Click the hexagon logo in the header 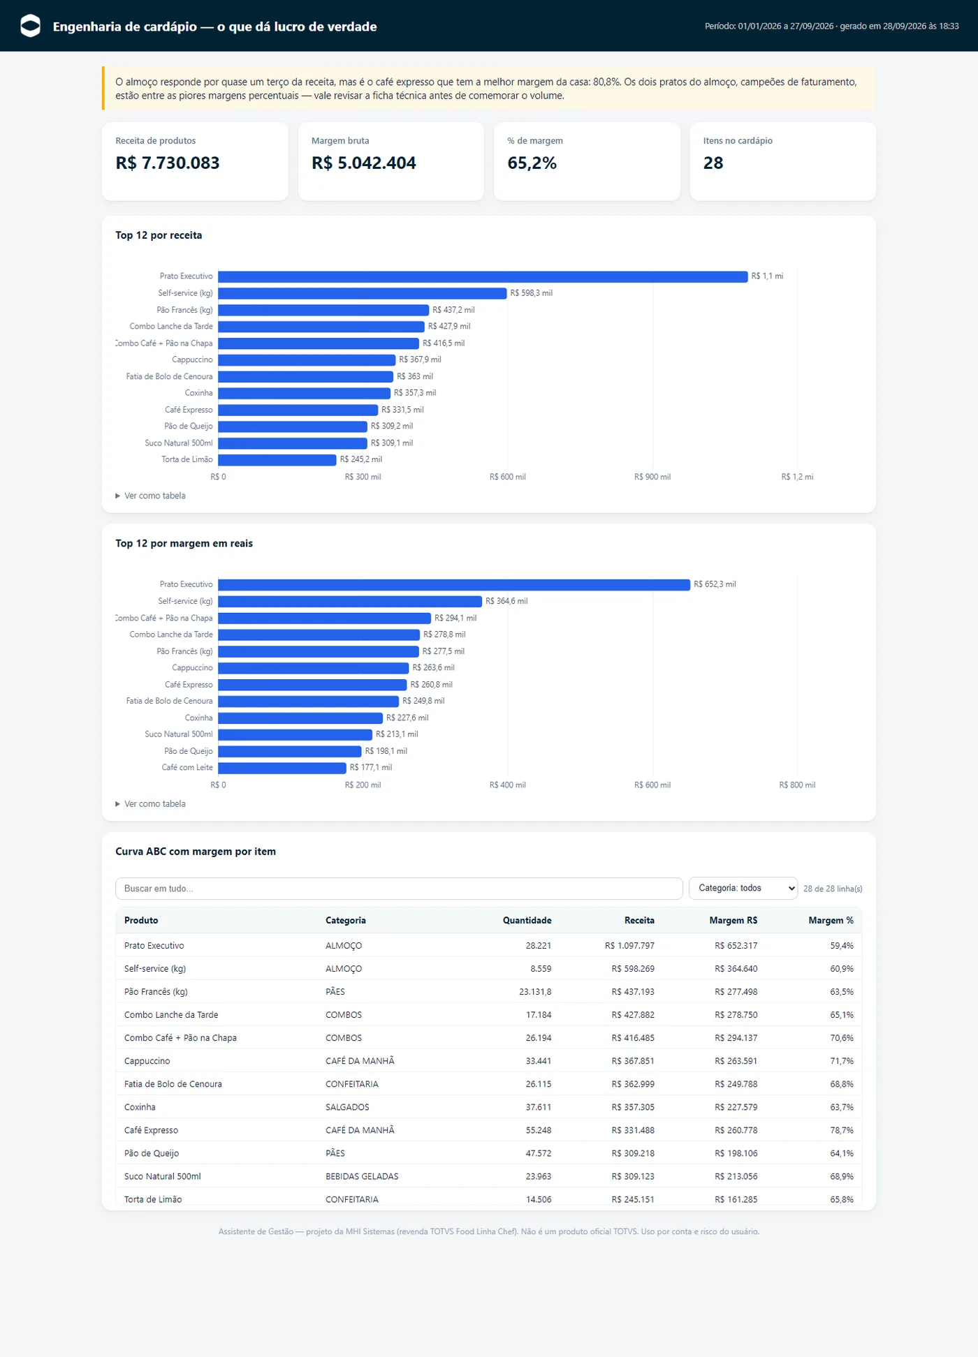(x=31, y=26)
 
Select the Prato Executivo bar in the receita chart (x=483, y=276)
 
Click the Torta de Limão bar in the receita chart (x=277, y=460)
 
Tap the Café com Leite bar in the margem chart (x=282, y=768)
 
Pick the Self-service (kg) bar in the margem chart (x=350, y=601)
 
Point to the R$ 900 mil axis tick (x=652, y=477)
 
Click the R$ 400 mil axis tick (x=508, y=785)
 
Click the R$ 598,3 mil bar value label (x=532, y=293)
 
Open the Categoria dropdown (x=743, y=888)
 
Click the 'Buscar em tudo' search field (x=399, y=888)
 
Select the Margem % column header (x=831, y=920)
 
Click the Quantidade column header (x=527, y=920)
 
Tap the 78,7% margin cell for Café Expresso (x=842, y=1130)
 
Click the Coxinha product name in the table (x=140, y=1107)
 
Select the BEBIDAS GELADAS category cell (x=362, y=1176)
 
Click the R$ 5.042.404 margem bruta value (x=364, y=163)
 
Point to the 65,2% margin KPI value (x=532, y=163)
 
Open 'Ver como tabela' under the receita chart (x=151, y=496)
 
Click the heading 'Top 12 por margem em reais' (x=184, y=543)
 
